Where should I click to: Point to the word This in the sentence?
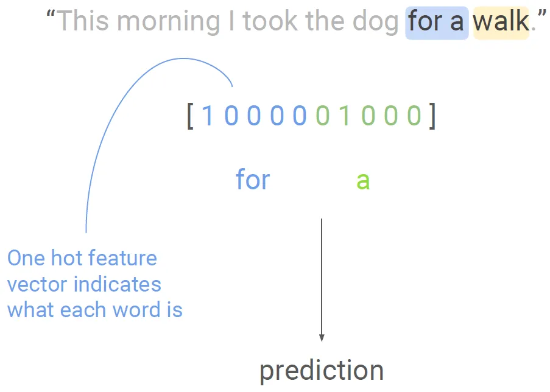coord(82,21)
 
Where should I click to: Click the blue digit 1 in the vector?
coord(208,116)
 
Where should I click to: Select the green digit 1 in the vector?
coord(345,116)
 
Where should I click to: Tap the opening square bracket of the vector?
coord(191,116)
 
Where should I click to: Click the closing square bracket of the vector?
coord(432,116)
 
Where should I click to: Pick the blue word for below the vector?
coord(253,179)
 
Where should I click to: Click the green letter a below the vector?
coord(363,181)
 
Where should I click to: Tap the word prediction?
coord(322,371)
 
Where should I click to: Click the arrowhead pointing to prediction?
coord(322,338)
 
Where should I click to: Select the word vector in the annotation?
coord(37,284)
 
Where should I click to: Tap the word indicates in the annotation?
coord(118,284)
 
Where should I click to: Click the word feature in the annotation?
coord(121,258)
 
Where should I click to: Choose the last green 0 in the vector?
coord(414,116)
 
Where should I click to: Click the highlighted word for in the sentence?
coord(425,21)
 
